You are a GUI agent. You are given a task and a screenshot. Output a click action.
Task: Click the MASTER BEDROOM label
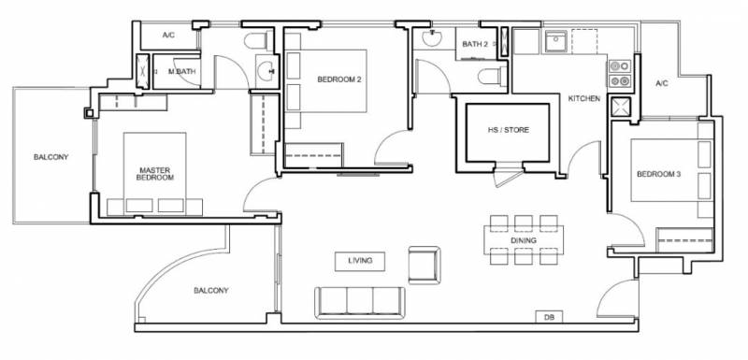(x=155, y=174)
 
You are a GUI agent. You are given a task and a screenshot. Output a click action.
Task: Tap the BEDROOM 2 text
(x=339, y=79)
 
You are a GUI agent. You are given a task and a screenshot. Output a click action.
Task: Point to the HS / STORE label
(x=508, y=130)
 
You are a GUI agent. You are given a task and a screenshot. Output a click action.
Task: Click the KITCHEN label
(x=583, y=99)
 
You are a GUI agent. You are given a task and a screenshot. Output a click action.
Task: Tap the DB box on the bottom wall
(x=549, y=317)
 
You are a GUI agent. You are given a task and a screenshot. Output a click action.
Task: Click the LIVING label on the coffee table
(x=360, y=261)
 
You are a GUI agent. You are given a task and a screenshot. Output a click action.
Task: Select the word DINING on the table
(x=524, y=240)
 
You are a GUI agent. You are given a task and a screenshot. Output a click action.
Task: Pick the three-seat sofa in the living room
(x=360, y=302)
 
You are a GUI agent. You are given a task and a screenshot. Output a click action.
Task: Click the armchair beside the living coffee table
(x=424, y=265)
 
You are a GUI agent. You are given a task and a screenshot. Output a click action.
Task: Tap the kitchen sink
(x=555, y=42)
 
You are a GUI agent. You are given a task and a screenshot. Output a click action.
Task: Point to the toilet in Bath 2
(x=493, y=77)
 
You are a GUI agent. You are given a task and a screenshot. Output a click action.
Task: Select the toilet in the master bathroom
(x=258, y=41)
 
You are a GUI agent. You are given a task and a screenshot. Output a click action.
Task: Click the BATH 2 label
(x=475, y=44)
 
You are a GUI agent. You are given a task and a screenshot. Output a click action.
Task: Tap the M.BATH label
(x=182, y=72)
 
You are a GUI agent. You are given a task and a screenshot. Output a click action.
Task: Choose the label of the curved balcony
(x=211, y=291)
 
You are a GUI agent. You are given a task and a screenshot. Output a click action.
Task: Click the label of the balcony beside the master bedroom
(x=51, y=157)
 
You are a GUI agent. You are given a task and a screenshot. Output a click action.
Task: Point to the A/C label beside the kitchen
(x=662, y=83)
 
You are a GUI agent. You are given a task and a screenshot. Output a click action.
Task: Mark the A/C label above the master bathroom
(x=169, y=35)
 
